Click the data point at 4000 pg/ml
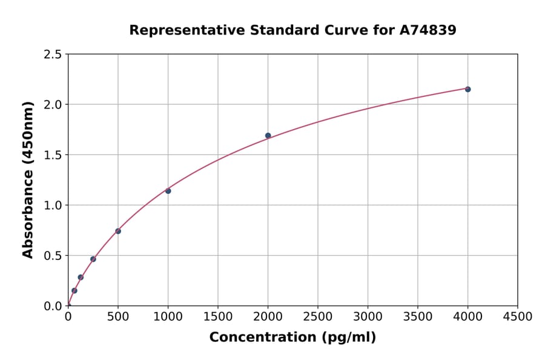tap(467, 89)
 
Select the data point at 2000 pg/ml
tap(268, 136)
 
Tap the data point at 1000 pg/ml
tap(168, 191)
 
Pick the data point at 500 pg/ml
tap(118, 231)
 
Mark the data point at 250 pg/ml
tap(93, 259)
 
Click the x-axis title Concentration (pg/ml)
tap(292, 338)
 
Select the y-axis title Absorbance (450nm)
tap(28, 179)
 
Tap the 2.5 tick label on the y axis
tap(53, 55)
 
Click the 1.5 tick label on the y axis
tap(53, 155)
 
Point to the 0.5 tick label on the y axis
tap(53, 256)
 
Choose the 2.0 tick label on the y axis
tap(53, 105)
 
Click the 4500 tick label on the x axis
tap(518, 317)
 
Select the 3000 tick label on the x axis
tap(368, 317)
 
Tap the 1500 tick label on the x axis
tap(218, 317)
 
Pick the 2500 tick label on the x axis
tap(318, 317)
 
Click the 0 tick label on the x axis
tap(68, 317)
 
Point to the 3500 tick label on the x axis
tap(418, 317)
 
